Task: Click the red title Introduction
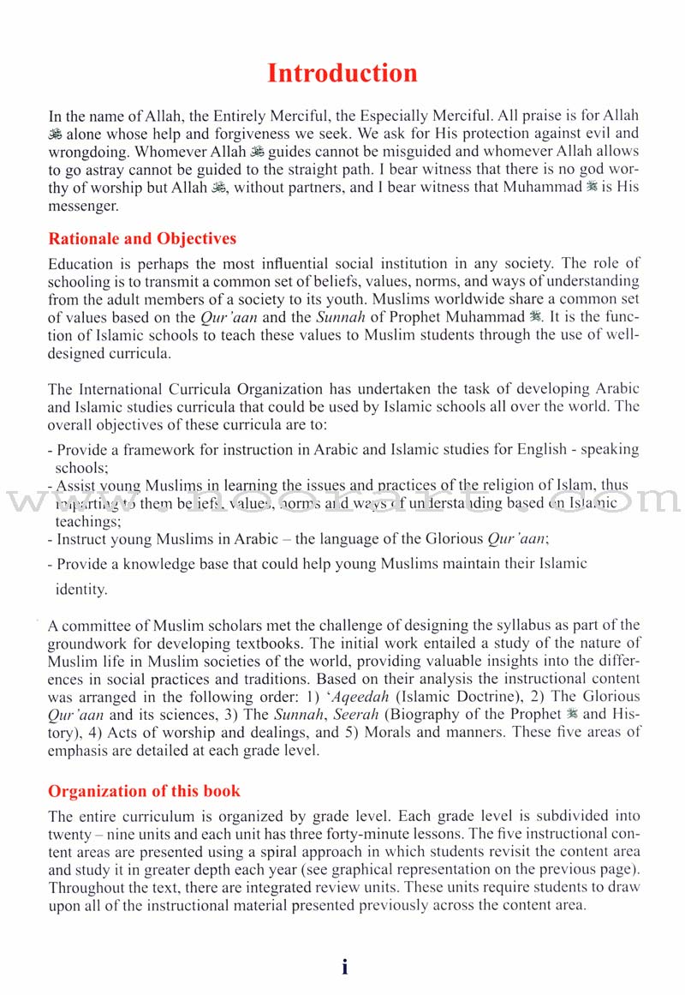(x=342, y=73)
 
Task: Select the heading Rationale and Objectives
(x=142, y=238)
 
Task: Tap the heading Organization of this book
(x=144, y=790)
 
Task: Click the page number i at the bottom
(x=344, y=967)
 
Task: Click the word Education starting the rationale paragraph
(x=81, y=263)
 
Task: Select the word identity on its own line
(x=82, y=590)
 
